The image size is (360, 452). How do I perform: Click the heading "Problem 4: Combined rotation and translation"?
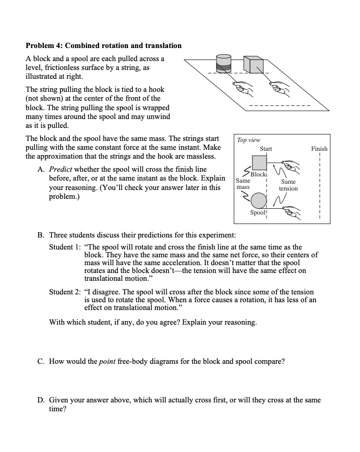(x=104, y=45)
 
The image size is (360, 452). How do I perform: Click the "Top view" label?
(x=248, y=140)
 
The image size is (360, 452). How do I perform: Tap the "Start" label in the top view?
(x=266, y=149)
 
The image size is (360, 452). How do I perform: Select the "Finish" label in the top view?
(x=319, y=149)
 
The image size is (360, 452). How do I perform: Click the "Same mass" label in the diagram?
(x=243, y=183)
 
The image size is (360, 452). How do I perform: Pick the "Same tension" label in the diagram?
(x=288, y=185)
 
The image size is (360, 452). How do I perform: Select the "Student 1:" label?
(x=65, y=247)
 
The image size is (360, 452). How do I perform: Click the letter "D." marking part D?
(x=41, y=400)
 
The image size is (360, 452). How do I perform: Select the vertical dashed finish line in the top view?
(x=319, y=188)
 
